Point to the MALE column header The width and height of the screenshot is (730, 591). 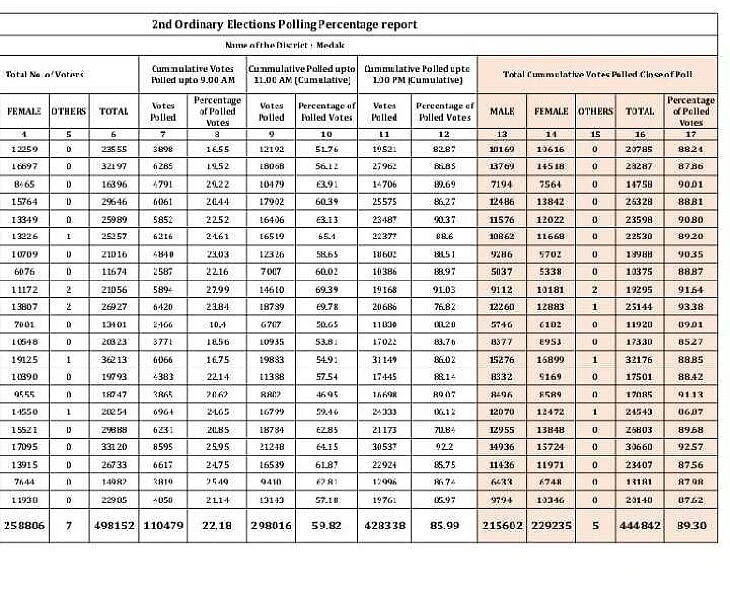(502, 111)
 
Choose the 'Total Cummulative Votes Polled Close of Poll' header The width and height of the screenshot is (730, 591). (598, 74)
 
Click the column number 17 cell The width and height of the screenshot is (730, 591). (691, 134)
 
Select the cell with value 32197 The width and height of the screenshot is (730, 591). (113, 168)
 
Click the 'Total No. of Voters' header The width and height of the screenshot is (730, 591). (44, 74)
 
